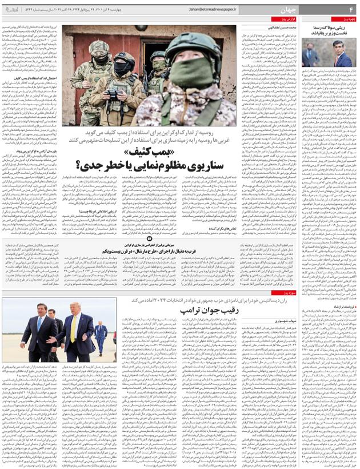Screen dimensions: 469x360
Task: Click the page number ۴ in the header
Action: coord(351,10)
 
